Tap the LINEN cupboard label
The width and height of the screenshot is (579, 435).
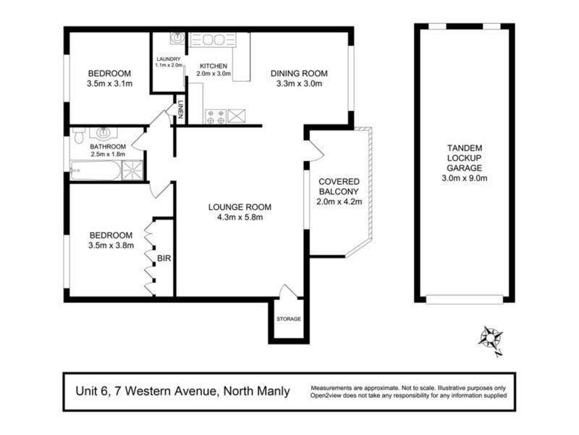[180, 109]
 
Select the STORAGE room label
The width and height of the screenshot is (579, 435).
[288, 319]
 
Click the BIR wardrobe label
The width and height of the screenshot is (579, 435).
[164, 258]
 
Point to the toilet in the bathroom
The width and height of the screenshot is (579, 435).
[79, 136]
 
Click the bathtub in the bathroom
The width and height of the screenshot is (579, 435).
[96, 170]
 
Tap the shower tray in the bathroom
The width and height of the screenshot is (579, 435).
[132, 170]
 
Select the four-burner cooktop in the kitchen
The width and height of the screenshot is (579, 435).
[216, 116]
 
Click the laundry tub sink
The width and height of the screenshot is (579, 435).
[178, 38]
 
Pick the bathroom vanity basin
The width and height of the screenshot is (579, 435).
[103, 133]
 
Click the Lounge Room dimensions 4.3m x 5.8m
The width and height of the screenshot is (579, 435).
[240, 217]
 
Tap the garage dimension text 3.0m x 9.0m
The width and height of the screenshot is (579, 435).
[465, 178]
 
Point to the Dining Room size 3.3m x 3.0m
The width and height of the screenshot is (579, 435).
[299, 83]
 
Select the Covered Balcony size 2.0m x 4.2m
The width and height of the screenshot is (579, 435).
[339, 202]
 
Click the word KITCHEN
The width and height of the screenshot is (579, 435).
[214, 66]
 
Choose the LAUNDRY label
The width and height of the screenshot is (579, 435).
[169, 59]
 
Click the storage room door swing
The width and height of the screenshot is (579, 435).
[287, 291]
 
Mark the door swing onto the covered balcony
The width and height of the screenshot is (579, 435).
[315, 151]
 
